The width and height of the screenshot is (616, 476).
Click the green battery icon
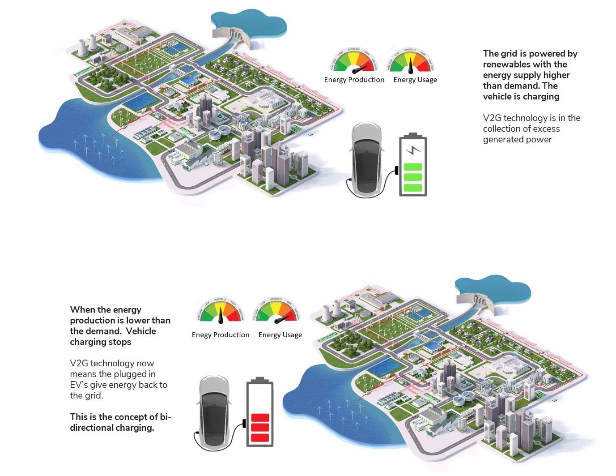click(x=413, y=165)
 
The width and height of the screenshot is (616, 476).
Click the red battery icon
click(x=260, y=414)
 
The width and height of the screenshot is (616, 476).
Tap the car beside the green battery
click(x=366, y=159)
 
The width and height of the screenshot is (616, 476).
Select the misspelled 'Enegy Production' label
click(x=221, y=335)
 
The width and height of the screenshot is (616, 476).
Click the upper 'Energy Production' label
click(x=354, y=80)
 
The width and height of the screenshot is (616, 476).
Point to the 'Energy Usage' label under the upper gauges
click(x=415, y=80)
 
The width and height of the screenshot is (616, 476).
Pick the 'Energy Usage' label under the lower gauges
click(x=280, y=335)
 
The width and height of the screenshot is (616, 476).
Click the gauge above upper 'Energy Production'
click(x=354, y=60)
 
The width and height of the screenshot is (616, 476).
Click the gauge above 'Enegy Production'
click(x=221, y=310)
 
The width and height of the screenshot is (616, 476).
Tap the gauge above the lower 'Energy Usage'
click(x=276, y=310)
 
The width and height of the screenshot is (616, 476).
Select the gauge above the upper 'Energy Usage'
click(x=411, y=60)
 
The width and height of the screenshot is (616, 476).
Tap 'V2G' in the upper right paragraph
click(x=492, y=118)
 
